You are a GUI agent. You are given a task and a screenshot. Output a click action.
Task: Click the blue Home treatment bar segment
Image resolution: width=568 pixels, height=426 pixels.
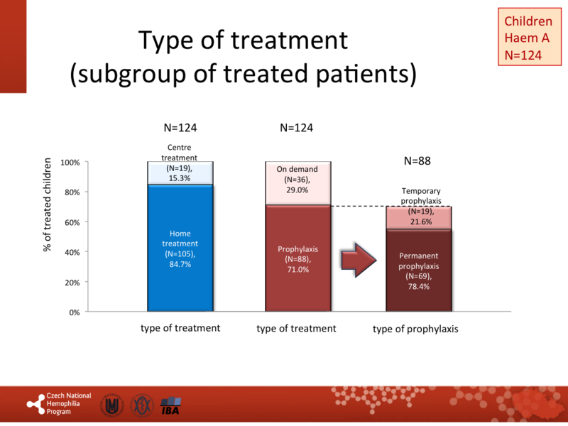pos(180,248)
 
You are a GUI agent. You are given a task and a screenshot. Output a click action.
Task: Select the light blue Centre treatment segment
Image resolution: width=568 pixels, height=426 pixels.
pos(180,173)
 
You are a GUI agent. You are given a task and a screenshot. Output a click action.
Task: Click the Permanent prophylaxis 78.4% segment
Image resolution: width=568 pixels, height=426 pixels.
pos(419,270)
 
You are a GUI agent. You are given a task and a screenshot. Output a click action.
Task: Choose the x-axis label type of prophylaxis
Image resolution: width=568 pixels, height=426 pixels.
pos(415,329)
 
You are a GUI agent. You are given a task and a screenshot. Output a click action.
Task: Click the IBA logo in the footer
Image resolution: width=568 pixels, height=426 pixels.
pos(170,405)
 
